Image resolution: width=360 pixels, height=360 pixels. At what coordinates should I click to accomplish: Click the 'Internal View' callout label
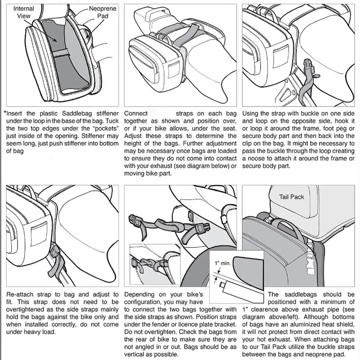[x=23, y=12]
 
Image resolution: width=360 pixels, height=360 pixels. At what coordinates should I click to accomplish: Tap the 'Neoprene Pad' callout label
[x=103, y=12]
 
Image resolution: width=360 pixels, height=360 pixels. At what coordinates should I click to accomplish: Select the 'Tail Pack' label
[x=291, y=197]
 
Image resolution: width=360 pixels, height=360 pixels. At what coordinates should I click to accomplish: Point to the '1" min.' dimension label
[x=222, y=263]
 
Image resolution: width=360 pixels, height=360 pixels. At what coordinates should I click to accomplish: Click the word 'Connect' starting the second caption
[x=136, y=113]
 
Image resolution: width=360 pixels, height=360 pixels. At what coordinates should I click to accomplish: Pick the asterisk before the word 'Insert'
[x=5, y=112]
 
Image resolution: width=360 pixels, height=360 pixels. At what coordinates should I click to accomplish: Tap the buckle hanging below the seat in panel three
[x=308, y=66]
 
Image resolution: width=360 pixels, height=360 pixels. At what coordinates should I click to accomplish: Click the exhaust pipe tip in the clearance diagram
[x=222, y=285]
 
